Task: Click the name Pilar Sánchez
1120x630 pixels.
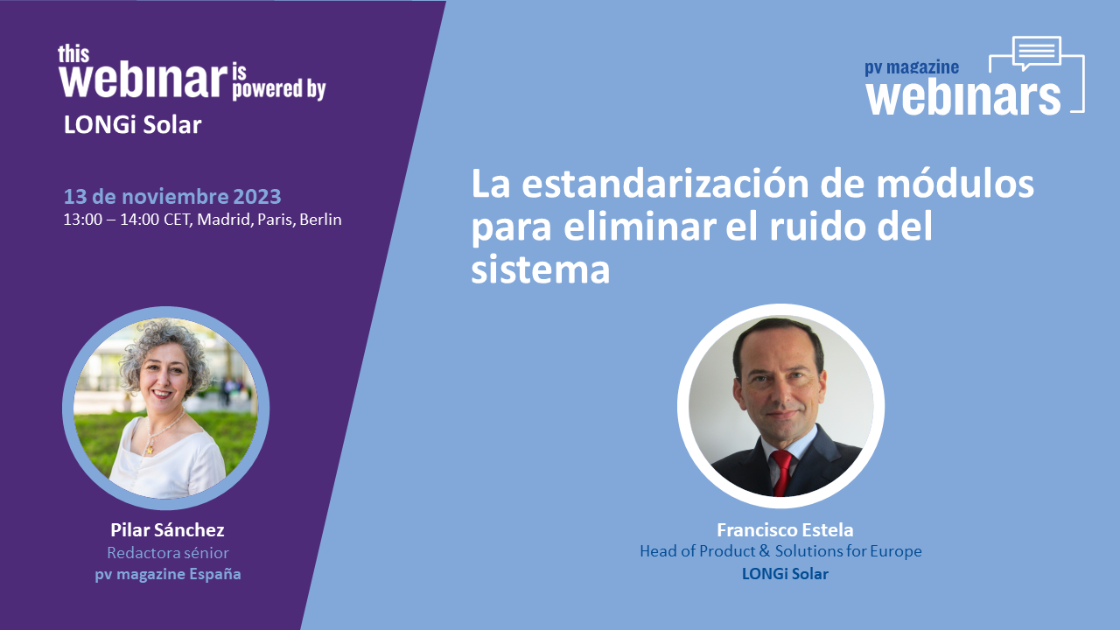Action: click(167, 530)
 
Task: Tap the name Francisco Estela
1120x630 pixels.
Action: click(785, 529)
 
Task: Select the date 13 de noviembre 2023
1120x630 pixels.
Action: click(172, 197)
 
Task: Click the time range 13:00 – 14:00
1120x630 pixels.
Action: click(111, 220)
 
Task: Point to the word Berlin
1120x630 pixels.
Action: click(320, 220)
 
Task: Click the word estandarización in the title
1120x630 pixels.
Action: click(665, 184)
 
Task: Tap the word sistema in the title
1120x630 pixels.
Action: click(541, 269)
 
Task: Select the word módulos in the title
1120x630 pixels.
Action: click(955, 184)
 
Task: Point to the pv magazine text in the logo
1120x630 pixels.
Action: click(912, 67)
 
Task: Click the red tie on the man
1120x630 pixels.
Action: click(781, 472)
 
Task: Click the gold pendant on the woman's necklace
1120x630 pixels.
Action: click(149, 451)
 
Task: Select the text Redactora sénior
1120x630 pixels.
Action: click(167, 553)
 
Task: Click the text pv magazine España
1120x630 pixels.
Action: click(167, 574)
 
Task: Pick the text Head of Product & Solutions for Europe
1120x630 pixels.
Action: click(780, 551)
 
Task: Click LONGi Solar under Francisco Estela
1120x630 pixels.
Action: click(785, 573)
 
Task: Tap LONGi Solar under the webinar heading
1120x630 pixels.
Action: click(132, 125)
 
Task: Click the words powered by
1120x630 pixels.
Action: click(278, 89)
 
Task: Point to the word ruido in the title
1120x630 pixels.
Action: click(819, 227)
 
